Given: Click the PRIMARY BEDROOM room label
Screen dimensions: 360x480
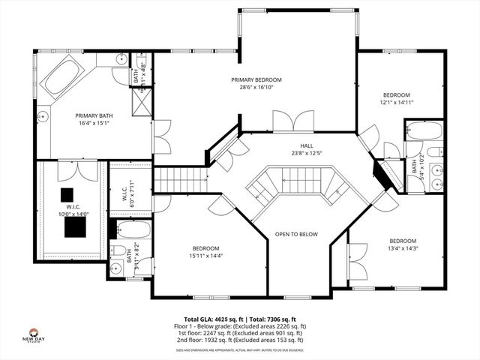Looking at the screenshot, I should (x=256, y=79).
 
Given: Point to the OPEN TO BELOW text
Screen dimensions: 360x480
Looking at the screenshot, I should (x=295, y=234).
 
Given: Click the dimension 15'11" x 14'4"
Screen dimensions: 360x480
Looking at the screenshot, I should (x=204, y=256).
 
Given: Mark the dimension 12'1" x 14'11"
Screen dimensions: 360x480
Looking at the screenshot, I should (x=396, y=103).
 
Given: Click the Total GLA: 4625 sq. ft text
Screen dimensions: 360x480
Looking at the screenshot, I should (x=210, y=319).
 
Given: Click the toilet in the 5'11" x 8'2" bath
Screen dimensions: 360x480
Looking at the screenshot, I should (x=118, y=250).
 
